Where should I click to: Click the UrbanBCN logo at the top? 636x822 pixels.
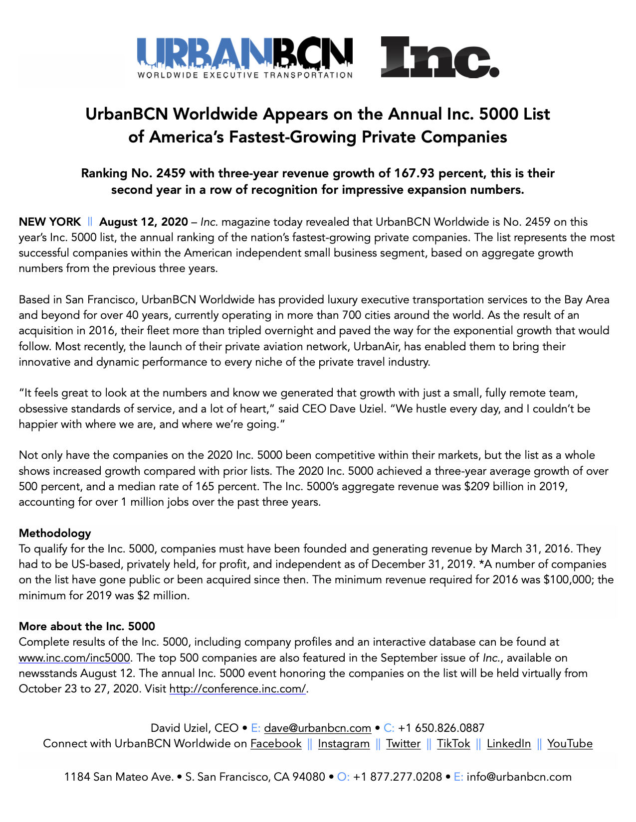245,57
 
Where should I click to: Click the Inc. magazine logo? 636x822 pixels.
439,57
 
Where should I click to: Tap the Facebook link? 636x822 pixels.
276,744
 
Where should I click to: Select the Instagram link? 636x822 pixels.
344,744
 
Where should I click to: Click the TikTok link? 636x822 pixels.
453,744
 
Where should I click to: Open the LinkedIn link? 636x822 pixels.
508,744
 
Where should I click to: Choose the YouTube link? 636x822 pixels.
570,744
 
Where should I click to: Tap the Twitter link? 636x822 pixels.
403,744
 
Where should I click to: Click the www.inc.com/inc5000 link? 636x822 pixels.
74,658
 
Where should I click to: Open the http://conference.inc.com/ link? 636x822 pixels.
237,689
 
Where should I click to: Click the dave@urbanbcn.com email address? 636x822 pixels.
317,728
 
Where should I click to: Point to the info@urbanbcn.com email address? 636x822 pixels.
519,777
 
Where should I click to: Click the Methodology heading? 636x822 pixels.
55,534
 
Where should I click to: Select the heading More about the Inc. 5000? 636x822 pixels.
87,627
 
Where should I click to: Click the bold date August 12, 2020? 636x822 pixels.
144,222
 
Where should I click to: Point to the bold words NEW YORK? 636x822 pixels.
49,222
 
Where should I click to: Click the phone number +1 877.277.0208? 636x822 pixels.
398,777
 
